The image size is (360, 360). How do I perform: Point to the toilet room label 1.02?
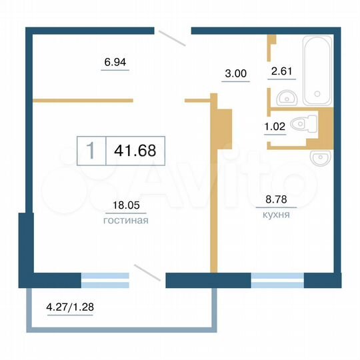[x=275, y=124]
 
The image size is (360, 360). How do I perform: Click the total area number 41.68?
[x=135, y=151]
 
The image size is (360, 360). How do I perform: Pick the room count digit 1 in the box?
[x=91, y=151]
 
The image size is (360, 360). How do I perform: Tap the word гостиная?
[x=126, y=220]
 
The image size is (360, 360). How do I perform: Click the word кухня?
[x=275, y=215]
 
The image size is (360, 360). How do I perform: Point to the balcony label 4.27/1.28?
[x=70, y=309]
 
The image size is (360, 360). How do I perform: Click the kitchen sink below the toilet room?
[x=320, y=158]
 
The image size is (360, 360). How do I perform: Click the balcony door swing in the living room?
[x=147, y=273]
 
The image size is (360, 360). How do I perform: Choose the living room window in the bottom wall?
[x=105, y=280]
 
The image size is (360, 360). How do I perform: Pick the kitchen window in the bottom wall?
[x=277, y=280]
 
